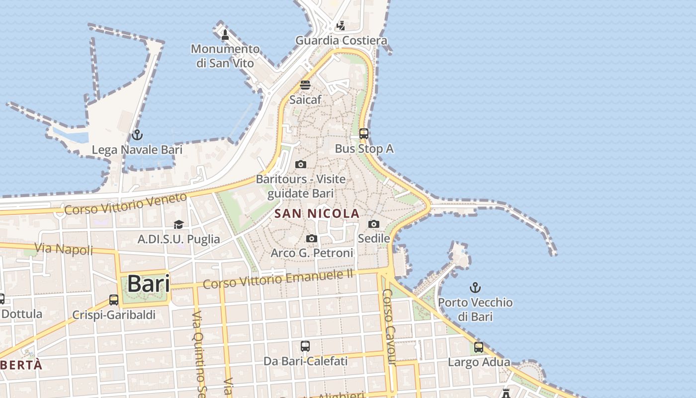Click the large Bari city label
pos(148,284)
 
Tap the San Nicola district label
pos(317,213)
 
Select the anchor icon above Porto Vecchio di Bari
pos(476,288)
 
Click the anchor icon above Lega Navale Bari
pos(137,134)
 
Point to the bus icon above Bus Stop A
pos(364,133)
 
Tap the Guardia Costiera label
pos(341,40)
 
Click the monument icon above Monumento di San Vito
pos(225,34)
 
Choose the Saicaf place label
pos(305,99)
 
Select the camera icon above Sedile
pos(374,224)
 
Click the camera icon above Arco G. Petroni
pos(312,239)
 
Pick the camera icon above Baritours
pos(301,164)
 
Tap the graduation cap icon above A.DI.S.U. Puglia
pos(178,224)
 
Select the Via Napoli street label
pos(64,248)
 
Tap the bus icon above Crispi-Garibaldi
pos(114,300)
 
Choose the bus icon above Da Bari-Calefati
pos(305,346)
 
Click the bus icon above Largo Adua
pos(479,347)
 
